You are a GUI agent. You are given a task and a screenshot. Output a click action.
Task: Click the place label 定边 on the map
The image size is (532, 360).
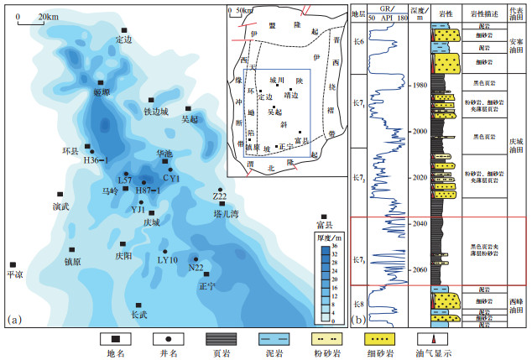pos(124,39)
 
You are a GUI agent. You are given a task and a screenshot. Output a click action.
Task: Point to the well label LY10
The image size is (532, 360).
pos(168,259)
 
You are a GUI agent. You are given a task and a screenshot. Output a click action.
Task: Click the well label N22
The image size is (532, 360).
pos(196,268)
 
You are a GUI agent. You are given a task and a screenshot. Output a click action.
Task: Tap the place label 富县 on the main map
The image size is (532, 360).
pos(325,225)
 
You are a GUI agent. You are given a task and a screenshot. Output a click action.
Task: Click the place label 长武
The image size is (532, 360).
pos(139,315)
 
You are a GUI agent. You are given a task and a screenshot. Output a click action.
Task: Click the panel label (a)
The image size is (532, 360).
pos(14,319)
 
